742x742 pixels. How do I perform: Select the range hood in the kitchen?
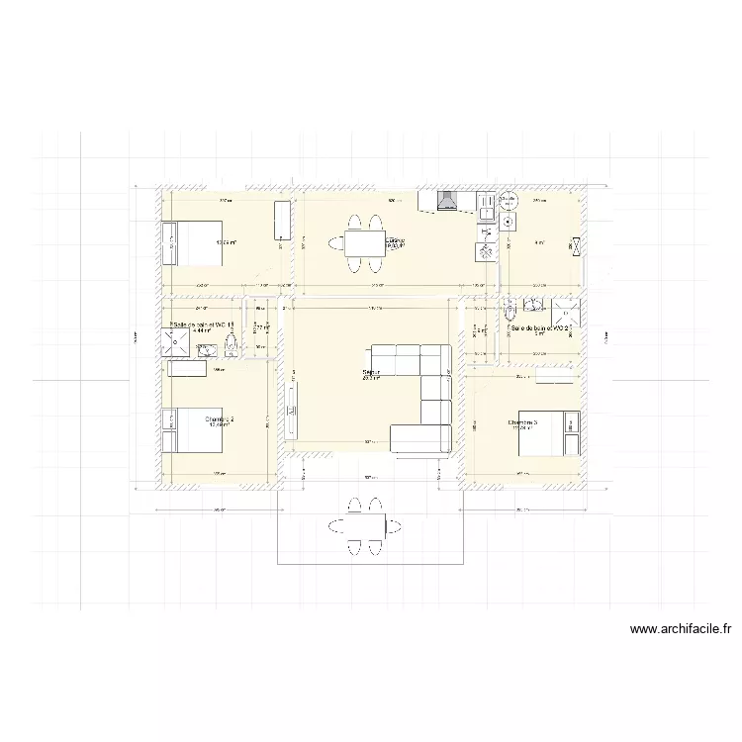[x=446, y=202]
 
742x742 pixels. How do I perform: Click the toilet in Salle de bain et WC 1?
[x=232, y=343]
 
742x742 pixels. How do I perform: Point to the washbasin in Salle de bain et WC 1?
[x=209, y=346]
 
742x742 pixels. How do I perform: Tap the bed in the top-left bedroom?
[x=193, y=242]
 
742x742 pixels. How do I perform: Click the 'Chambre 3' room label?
[x=529, y=422]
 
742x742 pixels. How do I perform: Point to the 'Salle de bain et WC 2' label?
[x=541, y=326]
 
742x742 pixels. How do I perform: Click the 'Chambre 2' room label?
[x=220, y=419]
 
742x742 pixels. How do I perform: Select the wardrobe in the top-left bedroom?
[x=281, y=220]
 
